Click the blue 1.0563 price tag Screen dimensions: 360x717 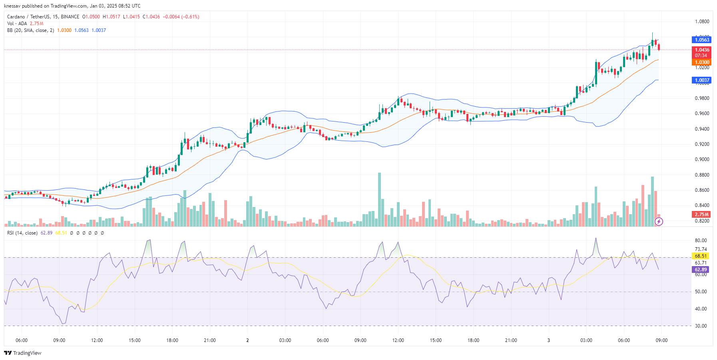click(701, 40)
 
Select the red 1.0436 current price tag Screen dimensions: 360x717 click(701, 50)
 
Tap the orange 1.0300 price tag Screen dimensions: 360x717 click(701, 62)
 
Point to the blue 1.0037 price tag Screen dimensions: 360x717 click(701, 80)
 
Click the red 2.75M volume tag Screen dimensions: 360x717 click(701, 215)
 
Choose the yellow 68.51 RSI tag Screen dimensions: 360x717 click(700, 256)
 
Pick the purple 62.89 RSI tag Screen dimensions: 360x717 click(700, 270)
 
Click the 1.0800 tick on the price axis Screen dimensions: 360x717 click(702, 22)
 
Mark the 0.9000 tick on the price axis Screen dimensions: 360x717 click(702, 159)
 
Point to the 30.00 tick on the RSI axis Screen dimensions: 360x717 click(701, 326)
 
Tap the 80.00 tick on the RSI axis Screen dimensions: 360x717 click(701, 241)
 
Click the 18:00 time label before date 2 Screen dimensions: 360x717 click(172, 340)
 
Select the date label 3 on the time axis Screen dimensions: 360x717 click(548, 340)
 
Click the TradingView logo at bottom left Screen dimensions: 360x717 click(23, 353)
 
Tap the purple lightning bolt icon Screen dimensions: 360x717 click(659, 221)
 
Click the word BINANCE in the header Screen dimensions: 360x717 click(70, 17)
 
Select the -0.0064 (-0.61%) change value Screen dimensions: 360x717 click(181, 17)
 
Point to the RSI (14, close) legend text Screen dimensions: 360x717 click(22, 233)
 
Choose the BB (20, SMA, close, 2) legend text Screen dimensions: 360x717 click(30, 30)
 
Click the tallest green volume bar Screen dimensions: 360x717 click(379, 200)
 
